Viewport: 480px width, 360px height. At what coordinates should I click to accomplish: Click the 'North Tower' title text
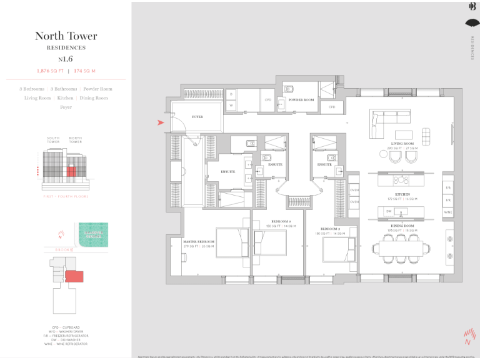(66, 36)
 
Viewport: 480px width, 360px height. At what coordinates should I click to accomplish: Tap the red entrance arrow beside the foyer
(161, 122)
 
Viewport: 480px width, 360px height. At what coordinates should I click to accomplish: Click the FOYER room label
(197, 117)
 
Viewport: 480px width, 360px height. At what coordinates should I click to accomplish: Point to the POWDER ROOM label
(301, 100)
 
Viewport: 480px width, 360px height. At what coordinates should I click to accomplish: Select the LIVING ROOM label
(402, 144)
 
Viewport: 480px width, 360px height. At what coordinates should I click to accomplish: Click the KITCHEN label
(402, 195)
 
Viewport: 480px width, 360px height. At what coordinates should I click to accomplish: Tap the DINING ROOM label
(402, 226)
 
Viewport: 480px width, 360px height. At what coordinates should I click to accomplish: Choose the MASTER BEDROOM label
(199, 241)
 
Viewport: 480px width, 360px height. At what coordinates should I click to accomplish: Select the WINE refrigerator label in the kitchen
(447, 212)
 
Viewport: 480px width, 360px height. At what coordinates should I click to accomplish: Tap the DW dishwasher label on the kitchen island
(389, 212)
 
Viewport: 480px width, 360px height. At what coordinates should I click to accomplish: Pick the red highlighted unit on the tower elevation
(72, 170)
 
